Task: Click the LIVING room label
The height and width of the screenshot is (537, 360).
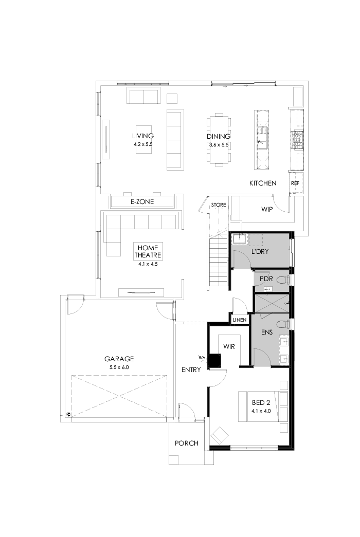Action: click(x=142, y=136)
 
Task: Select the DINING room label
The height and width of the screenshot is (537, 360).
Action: click(x=219, y=137)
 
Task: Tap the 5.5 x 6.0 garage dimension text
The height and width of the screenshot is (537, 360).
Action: click(x=119, y=367)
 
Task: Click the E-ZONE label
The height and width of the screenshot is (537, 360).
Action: click(x=142, y=202)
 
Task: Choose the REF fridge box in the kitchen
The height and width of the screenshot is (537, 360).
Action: click(x=295, y=183)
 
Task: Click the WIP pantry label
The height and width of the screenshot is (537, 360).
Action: click(x=267, y=209)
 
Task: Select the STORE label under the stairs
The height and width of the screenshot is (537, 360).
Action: click(x=219, y=205)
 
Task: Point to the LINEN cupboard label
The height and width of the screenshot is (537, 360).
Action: click(x=239, y=320)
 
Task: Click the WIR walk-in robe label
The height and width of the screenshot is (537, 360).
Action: click(x=229, y=347)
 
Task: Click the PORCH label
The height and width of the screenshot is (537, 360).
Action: click(x=186, y=443)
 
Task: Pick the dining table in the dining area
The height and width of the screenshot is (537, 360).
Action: click(x=219, y=139)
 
